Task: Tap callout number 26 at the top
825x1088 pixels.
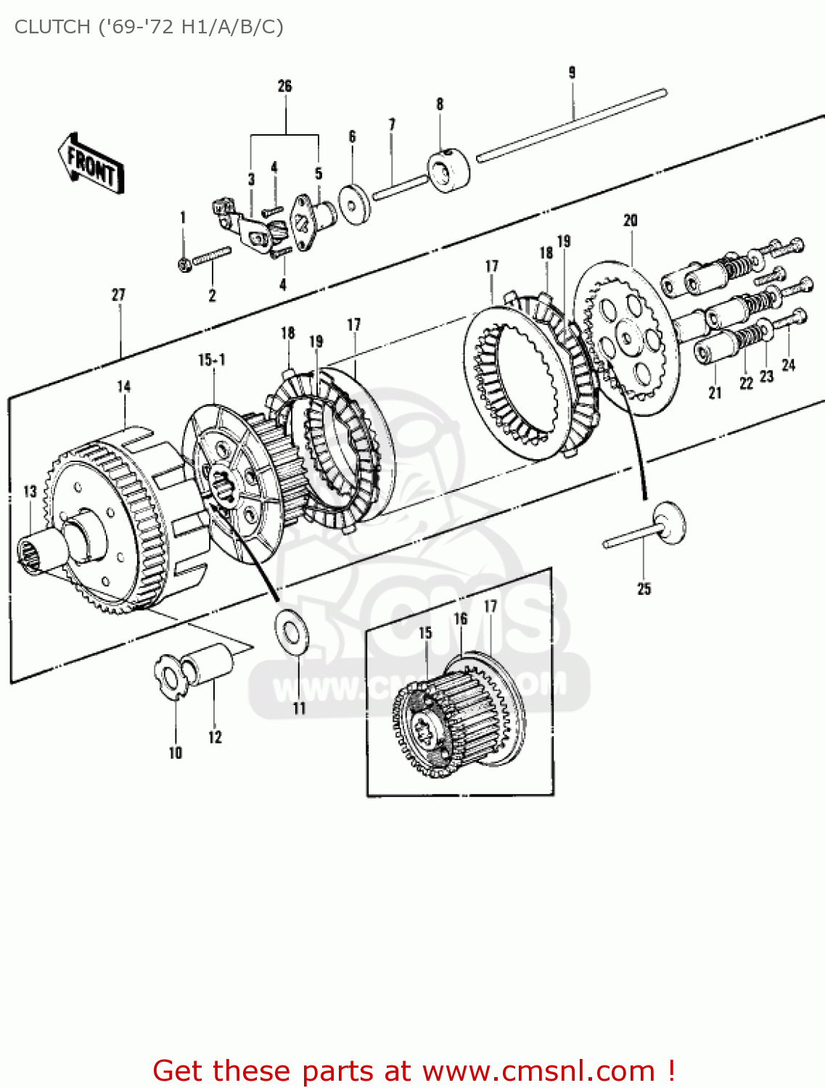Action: tap(284, 86)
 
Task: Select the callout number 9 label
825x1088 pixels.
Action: tap(572, 73)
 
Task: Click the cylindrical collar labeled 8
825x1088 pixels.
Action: tap(448, 170)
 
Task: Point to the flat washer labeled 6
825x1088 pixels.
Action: tap(355, 205)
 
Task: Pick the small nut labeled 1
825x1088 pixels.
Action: tap(185, 265)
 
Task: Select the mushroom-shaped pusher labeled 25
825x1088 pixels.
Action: tap(666, 524)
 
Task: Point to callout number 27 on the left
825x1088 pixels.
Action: tap(118, 295)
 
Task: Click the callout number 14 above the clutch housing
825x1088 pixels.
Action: tap(124, 387)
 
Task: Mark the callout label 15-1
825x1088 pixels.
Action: tap(212, 360)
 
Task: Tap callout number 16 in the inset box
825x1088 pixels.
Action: tap(461, 619)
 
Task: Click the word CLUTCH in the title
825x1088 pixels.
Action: tap(48, 27)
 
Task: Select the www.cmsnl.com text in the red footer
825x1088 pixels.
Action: tap(538, 1071)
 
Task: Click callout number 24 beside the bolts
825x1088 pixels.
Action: tap(789, 366)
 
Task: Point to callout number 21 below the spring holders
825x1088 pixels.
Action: tap(715, 392)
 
